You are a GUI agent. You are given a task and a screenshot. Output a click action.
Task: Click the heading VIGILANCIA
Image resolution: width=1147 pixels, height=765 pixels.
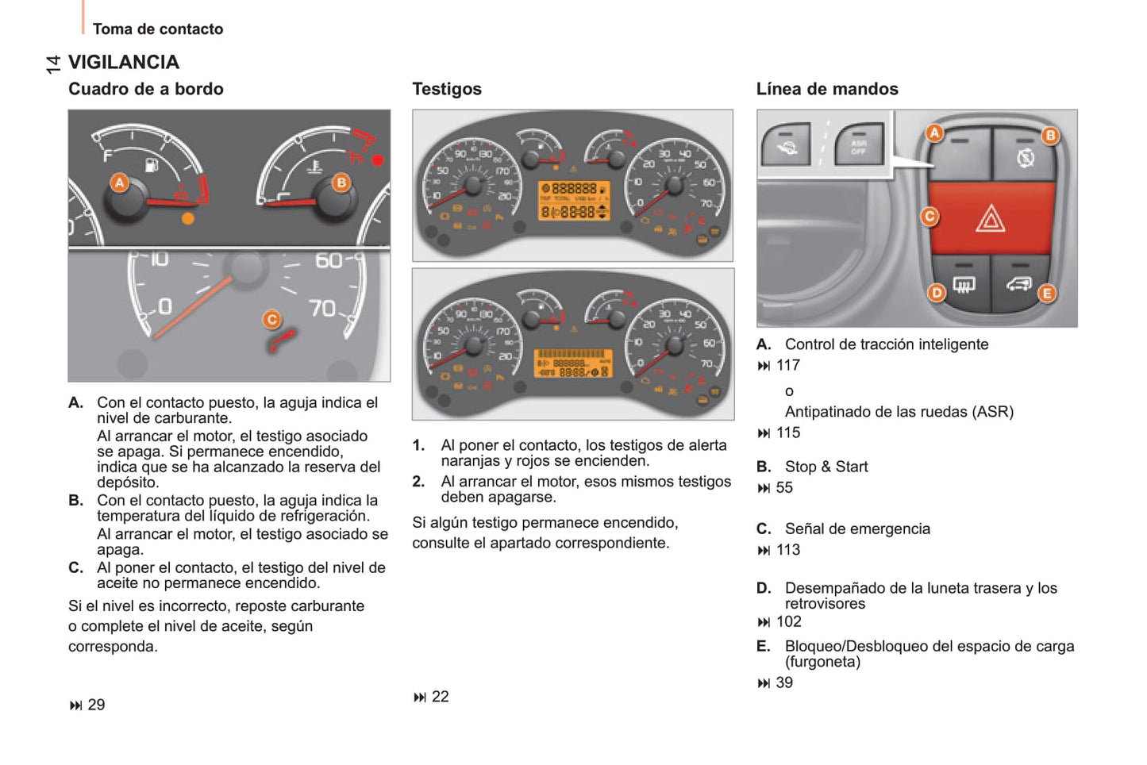pos(124,62)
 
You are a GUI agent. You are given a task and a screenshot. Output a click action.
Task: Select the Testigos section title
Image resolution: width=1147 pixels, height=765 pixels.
pos(447,89)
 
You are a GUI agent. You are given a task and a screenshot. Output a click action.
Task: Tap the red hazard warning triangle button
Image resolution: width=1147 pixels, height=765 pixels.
pos(991,217)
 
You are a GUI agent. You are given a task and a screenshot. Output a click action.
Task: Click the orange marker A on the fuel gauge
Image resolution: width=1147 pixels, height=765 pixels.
pos(119,183)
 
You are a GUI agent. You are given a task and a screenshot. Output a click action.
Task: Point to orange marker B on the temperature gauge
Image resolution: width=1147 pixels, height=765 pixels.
pos(341,183)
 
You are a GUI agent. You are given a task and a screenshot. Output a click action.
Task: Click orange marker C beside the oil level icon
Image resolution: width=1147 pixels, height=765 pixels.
pos(271,320)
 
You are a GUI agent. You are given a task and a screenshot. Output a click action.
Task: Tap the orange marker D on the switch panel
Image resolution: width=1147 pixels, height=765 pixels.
pos(937,293)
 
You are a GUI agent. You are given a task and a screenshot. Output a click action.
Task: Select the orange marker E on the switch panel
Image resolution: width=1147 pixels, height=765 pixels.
pos(1047,294)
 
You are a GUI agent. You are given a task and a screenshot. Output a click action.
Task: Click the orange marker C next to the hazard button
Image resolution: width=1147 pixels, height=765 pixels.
pos(930,217)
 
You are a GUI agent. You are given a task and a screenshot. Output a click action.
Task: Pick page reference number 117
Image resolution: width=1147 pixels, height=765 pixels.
pos(787,365)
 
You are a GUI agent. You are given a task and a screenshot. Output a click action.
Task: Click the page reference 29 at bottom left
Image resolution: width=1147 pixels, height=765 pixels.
pos(95,705)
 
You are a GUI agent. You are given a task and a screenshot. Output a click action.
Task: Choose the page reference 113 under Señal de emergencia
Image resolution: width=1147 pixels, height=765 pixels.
pos(787,550)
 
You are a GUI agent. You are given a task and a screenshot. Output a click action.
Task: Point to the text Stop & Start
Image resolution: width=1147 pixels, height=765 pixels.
pos(826,467)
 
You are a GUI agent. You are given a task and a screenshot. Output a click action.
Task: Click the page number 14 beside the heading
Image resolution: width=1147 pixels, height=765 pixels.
pos(53,64)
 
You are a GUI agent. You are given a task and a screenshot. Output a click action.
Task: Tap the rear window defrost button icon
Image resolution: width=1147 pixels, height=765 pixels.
pos(963,284)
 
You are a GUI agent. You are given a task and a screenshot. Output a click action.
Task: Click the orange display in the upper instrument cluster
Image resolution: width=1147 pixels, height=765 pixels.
pos(573,200)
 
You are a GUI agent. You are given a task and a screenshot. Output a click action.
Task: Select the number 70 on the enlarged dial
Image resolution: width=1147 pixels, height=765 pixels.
pos(322,308)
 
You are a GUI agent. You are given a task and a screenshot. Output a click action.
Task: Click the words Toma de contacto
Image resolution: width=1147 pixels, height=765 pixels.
pos(158,29)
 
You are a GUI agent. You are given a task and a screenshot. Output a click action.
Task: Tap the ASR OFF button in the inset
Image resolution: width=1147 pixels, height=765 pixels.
pos(859,146)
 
